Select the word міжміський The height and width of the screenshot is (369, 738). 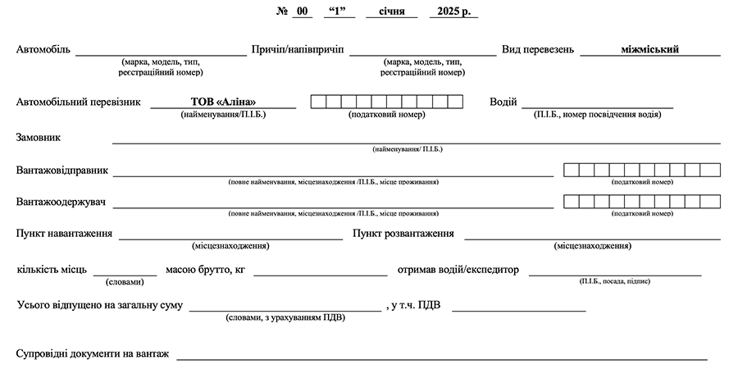[x=650, y=49]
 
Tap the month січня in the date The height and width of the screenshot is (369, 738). [x=391, y=12]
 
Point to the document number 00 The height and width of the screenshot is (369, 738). [x=303, y=12]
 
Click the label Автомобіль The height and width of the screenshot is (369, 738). [x=43, y=49]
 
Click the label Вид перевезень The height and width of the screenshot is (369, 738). [x=538, y=49]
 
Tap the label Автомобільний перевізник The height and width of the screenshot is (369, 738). [x=79, y=102]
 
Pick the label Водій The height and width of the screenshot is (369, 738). [x=503, y=102]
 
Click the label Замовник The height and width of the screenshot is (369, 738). [x=39, y=137]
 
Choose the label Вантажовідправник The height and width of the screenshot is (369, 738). [x=62, y=171]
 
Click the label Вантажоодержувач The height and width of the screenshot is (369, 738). [x=62, y=201]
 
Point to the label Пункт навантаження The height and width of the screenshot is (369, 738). [x=64, y=234]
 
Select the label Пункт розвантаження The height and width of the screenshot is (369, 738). [x=403, y=234]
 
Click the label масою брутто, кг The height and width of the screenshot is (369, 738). [x=205, y=269]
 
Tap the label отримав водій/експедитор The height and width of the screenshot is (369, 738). [x=458, y=269]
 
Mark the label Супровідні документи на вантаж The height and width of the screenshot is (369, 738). [x=93, y=353]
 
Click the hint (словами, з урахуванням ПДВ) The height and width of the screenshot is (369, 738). [x=285, y=317]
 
